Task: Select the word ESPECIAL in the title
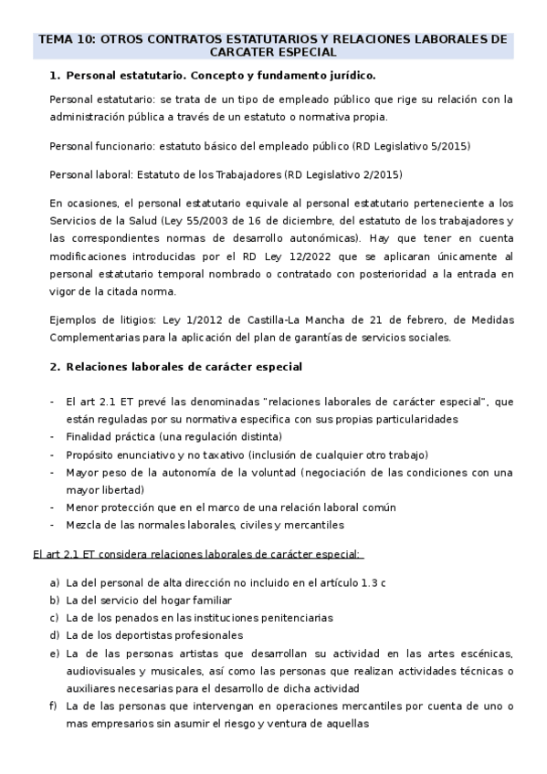[x=306, y=53]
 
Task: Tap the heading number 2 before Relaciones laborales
[x=54, y=367]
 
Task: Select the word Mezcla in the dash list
[x=86, y=525]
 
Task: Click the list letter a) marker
[x=55, y=582]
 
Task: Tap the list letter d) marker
[x=55, y=635]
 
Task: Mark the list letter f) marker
[x=55, y=706]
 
